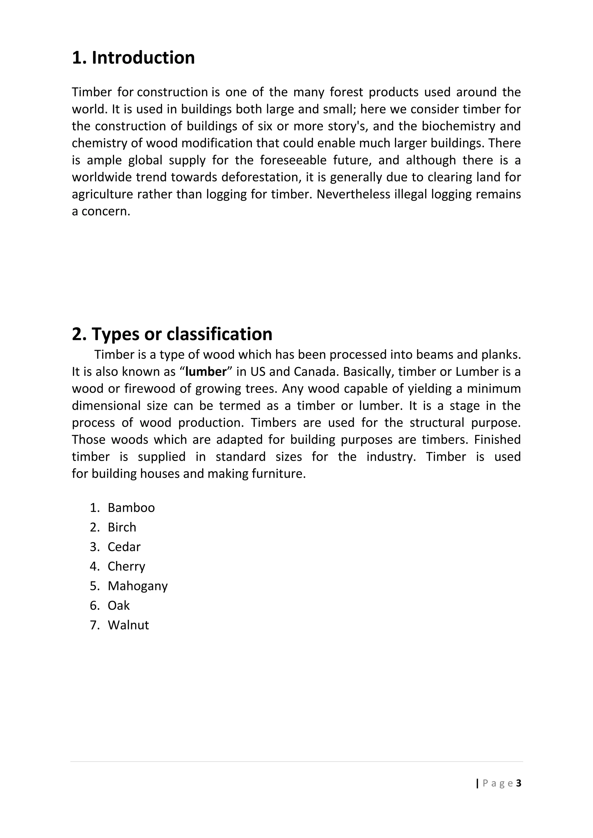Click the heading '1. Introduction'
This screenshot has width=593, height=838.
[x=133, y=58]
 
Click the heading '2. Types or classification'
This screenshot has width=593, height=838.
[x=172, y=334]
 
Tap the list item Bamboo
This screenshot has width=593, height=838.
[x=131, y=508]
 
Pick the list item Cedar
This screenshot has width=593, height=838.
[x=124, y=547]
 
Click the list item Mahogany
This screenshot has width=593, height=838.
[x=138, y=586]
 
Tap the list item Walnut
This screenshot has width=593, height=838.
[x=128, y=625]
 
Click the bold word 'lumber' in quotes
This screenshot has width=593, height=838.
[x=206, y=372]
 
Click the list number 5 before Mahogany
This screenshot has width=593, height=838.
[x=94, y=586]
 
